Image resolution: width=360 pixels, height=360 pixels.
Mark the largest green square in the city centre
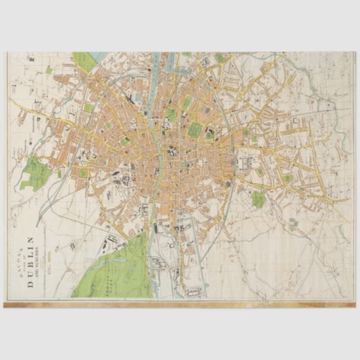[x=196, y=129]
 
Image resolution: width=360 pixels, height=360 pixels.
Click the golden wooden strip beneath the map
[x=180, y=304]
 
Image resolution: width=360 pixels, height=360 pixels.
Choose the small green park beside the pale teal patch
[x=257, y=199]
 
